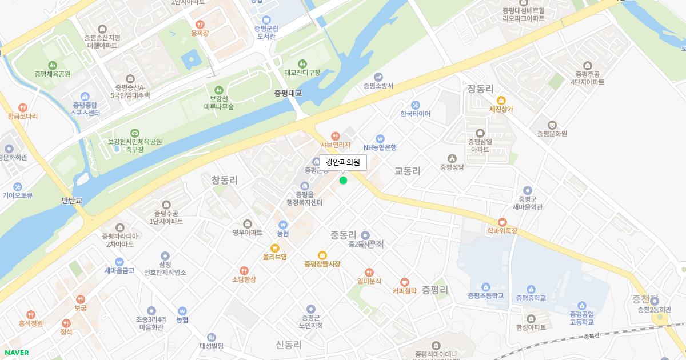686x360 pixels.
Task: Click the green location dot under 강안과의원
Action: [x=343, y=181]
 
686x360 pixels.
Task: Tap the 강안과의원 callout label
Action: [x=343, y=163]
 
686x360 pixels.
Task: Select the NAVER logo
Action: [x=15, y=353]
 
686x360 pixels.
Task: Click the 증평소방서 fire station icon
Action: [x=378, y=77]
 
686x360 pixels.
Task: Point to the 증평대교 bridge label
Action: [x=288, y=93]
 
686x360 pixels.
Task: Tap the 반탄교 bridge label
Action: [x=72, y=201]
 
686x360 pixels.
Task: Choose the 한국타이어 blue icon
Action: [x=416, y=105]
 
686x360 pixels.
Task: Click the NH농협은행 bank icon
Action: [x=380, y=138]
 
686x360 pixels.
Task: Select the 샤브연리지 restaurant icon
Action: [x=335, y=136]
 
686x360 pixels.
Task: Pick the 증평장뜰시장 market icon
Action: [x=322, y=255]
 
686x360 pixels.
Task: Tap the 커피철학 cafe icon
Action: [x=405, y=282]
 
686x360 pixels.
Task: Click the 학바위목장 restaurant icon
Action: [x=502, y=222]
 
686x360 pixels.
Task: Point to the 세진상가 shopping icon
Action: [x=501, y=100]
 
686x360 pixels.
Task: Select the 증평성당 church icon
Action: [x=452, y=158]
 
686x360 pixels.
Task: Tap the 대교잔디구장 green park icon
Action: [x=302, y=63]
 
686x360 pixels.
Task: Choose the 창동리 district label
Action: [x=225, y=180]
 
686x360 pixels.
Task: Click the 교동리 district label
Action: [x=408, y=171]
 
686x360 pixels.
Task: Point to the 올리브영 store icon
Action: [x=274, y=248]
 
